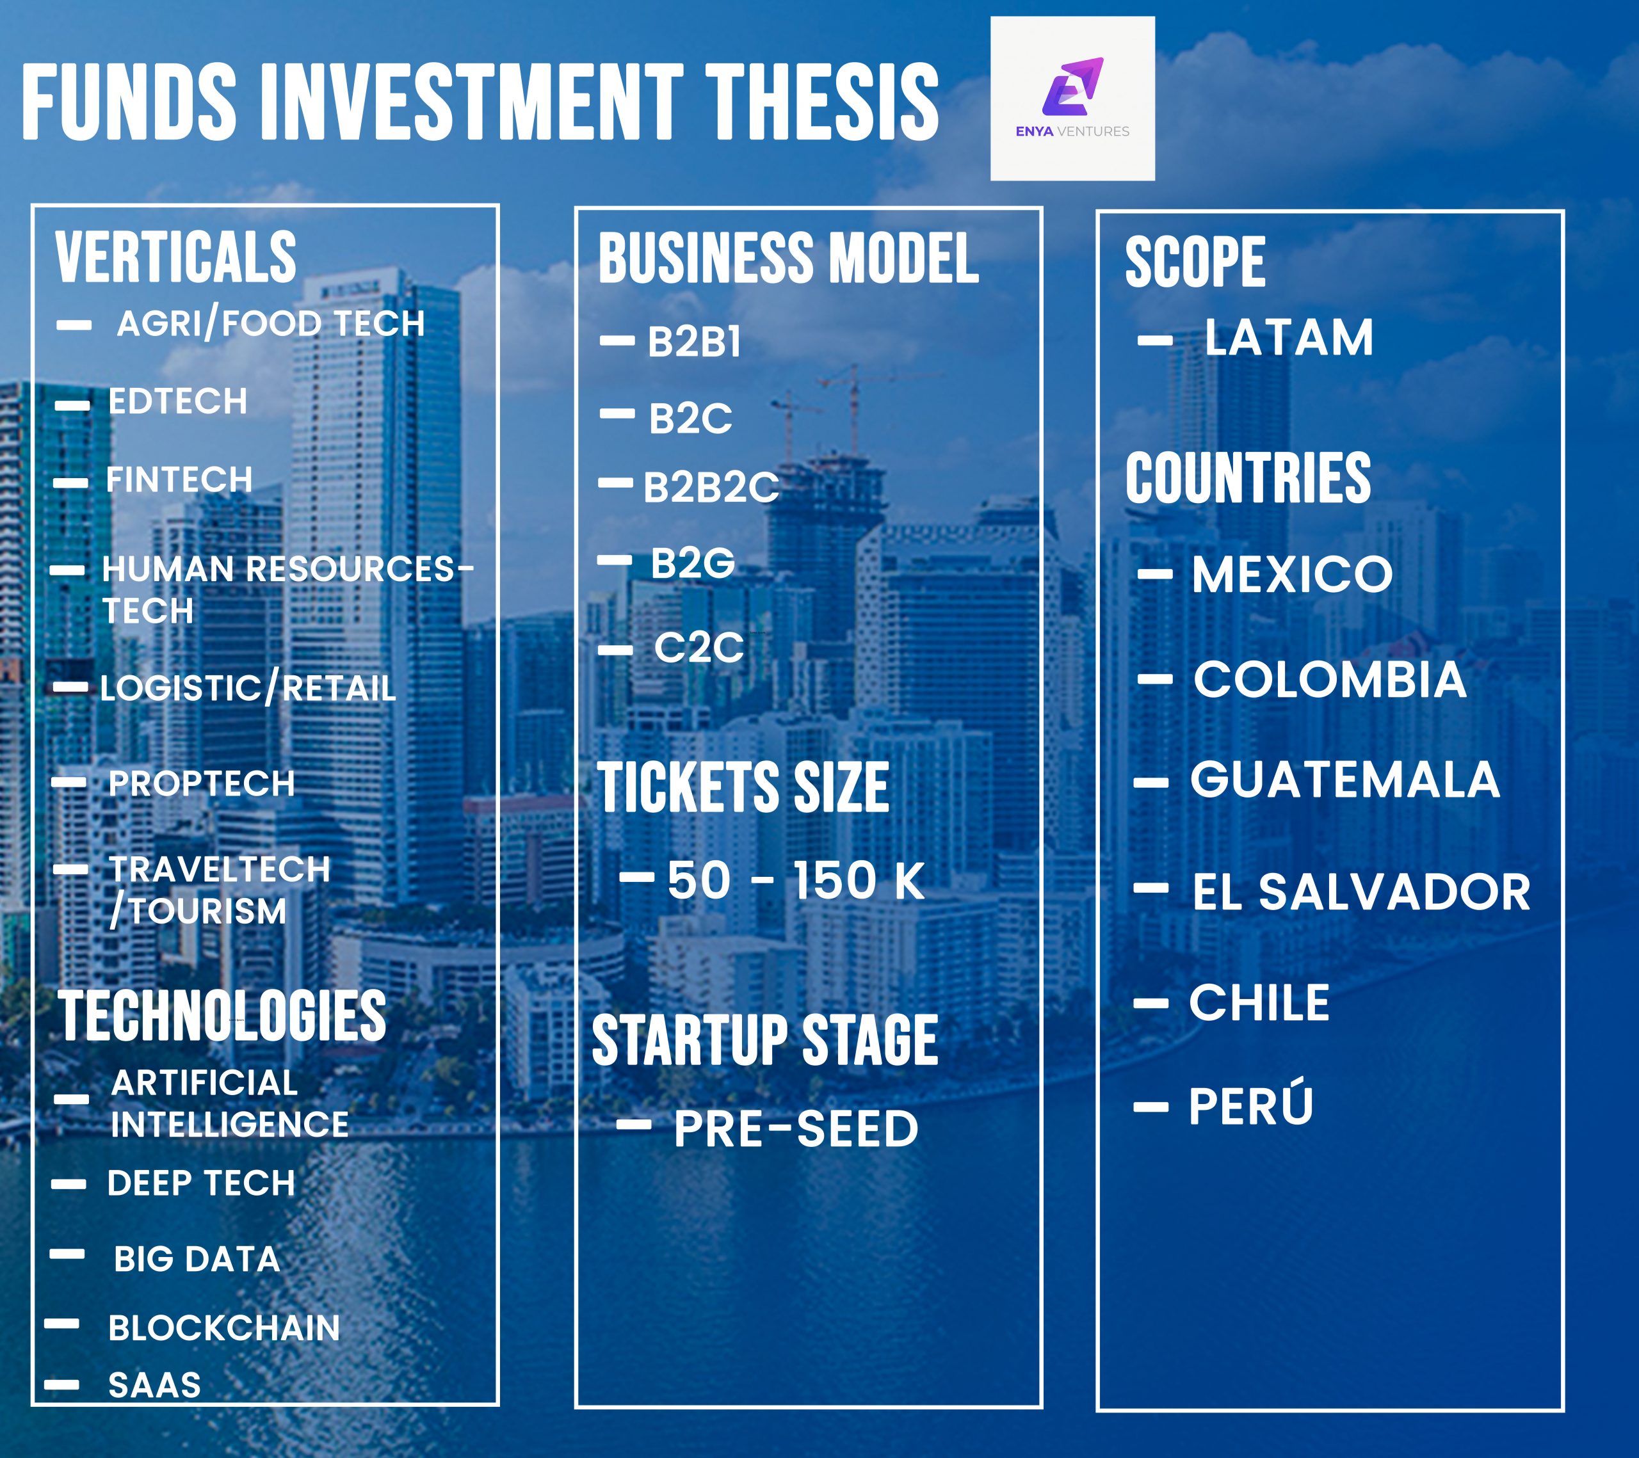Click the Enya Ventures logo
coord(1072,98)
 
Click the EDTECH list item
coord(178,401)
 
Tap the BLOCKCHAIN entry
coord(225,1328)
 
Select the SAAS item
coord(155,1385)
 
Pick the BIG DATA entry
coord(197,1259)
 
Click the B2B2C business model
coord(711,486)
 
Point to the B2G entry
coord(693,563)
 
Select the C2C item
coord(699,647)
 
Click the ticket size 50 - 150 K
coord(796,880)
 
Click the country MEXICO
coord(1293,574)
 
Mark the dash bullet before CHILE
coord(1151,1003)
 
